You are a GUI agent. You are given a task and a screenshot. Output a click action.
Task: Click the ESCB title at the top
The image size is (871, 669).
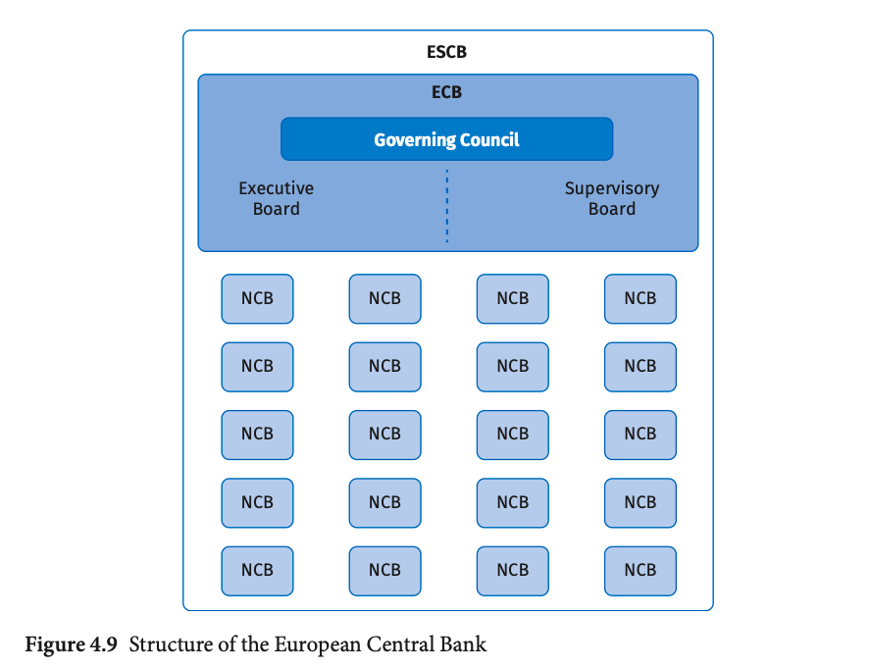(x=447, y=52)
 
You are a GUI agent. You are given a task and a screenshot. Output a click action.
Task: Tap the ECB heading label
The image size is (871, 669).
(x=447, y=93)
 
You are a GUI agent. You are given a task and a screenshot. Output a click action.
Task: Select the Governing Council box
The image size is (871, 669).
(x=446, y=139)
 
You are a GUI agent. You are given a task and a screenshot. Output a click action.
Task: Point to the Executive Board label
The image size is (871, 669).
(x=277, y=198)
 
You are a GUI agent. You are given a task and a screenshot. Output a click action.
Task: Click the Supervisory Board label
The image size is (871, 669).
(x=612, y=198)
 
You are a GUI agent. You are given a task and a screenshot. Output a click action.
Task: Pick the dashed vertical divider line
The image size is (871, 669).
(x=447, y=207)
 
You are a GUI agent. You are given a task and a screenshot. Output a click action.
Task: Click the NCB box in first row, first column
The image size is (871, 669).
(x=257, y=298)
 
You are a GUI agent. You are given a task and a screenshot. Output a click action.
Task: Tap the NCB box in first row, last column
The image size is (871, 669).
(x=640, y=298)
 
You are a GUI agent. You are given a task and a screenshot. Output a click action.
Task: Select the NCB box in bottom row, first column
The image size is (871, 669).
(x=257, y=570)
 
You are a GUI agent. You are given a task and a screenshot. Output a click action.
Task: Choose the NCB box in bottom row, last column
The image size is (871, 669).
(x=640, y=570)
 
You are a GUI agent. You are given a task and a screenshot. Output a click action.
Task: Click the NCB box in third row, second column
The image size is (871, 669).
(x=384, y=434)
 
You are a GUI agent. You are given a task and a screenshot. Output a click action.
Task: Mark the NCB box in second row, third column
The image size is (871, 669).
(x=512, y=366)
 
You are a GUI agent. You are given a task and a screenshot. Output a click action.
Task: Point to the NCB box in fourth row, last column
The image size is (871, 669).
(x=640, y=502)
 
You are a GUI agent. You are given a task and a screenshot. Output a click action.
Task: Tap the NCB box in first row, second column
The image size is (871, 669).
(x=384, y=298)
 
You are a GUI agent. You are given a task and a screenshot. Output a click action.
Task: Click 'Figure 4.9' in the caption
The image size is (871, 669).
(x=71, y=645)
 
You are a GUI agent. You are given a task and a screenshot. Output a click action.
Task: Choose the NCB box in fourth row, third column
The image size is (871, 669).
(x=512, y=502)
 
